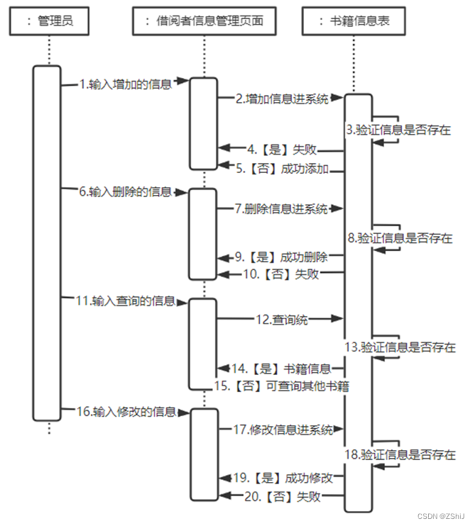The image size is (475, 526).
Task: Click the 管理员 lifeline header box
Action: click(x=50, y=21)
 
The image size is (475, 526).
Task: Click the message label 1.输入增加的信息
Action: click(x=126, y=84)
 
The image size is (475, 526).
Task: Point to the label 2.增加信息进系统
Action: click(x=283, y=100)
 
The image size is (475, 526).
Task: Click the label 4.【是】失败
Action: click(x=282, y=150)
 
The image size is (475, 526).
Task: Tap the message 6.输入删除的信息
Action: click(x=126, y=192)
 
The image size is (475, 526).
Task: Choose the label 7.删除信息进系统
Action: click(x=282, y=209)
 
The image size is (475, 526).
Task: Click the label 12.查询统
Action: click(x=282, y=320)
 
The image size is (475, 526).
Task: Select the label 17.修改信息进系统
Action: click(x=283, y=429)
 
